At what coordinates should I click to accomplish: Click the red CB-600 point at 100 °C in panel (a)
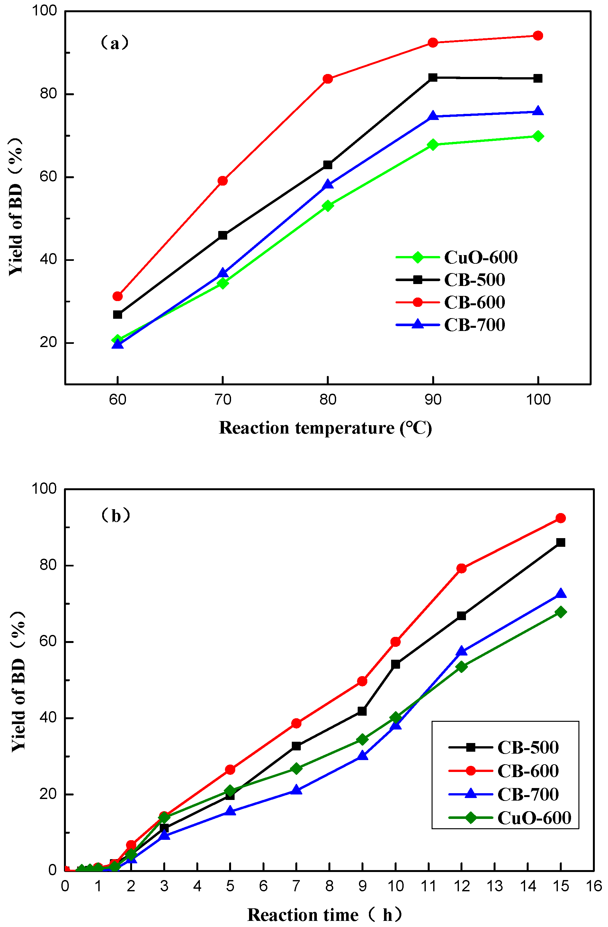pos(538,36)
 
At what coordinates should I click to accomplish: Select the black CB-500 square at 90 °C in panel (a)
pos(433,78)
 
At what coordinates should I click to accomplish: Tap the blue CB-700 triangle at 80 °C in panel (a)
pos(328,184)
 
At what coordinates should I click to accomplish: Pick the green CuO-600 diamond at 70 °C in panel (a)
pos(223,283)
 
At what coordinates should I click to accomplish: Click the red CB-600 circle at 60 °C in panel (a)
pos(118,297)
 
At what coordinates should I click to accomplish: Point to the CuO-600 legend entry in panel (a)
pos(457,257)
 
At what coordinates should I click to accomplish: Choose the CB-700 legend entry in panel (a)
pos(451,325)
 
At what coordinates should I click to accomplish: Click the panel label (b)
pos(116,516)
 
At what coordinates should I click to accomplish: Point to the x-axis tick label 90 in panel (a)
pos(433,399)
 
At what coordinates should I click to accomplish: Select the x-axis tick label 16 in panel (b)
pos(594,886)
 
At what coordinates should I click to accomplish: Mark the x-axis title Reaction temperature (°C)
pos(326,428)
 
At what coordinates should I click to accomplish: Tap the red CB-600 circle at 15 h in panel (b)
pos(560,518)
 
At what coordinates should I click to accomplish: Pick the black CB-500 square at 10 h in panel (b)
pos(396,665)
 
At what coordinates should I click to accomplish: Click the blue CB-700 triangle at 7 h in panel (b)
pos(296,790)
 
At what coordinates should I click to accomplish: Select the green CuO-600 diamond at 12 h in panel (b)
pos(461,667)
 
